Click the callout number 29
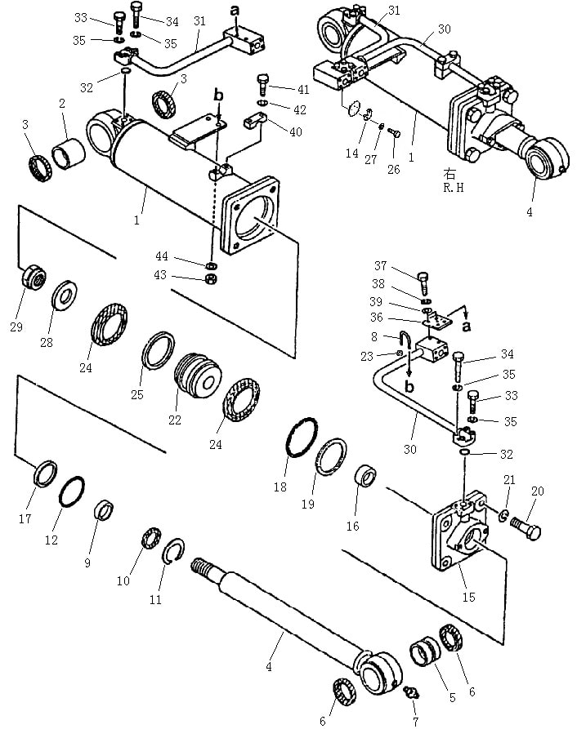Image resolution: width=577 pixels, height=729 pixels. coord(16,327)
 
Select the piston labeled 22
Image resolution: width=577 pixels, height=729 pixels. coord(197,376)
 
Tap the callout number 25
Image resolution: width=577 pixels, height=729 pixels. coord(136,395)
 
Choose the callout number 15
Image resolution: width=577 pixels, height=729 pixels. coord(468,597)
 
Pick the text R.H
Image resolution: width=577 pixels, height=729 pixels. coord(454,188)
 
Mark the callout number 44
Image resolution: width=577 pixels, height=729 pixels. coord(162,256)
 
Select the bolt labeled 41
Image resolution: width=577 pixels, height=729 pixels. coord(262,84)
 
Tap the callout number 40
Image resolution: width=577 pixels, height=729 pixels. coord(296,132)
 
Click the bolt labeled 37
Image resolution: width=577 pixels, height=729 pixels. coord(423,282)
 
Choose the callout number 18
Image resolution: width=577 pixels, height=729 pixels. coord(280,487)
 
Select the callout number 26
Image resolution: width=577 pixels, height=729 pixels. coord(394,169)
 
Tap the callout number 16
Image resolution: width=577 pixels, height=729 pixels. coord(353,526)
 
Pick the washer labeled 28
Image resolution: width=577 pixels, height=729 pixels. coord(65,296)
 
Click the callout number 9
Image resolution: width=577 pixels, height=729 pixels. coord(87,563)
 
